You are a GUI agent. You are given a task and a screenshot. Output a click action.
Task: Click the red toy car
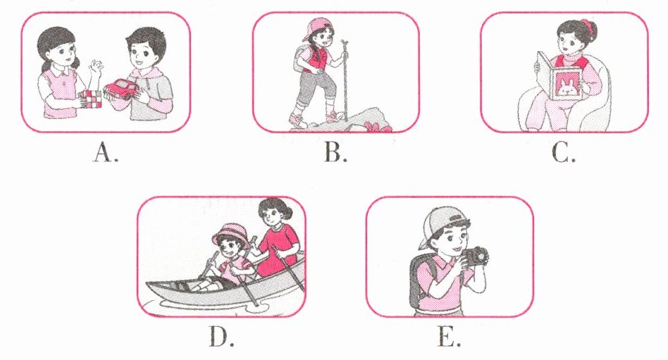pos(123,90)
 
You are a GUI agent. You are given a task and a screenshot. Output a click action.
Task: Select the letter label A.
pos(105,153)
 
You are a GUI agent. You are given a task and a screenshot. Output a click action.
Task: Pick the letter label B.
pos(336,153)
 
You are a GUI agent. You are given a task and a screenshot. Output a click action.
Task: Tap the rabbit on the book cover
pos(567,88)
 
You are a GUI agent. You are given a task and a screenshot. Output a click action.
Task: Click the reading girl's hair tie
pos(588,25)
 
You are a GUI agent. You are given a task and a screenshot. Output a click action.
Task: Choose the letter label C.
pos(564,153)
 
